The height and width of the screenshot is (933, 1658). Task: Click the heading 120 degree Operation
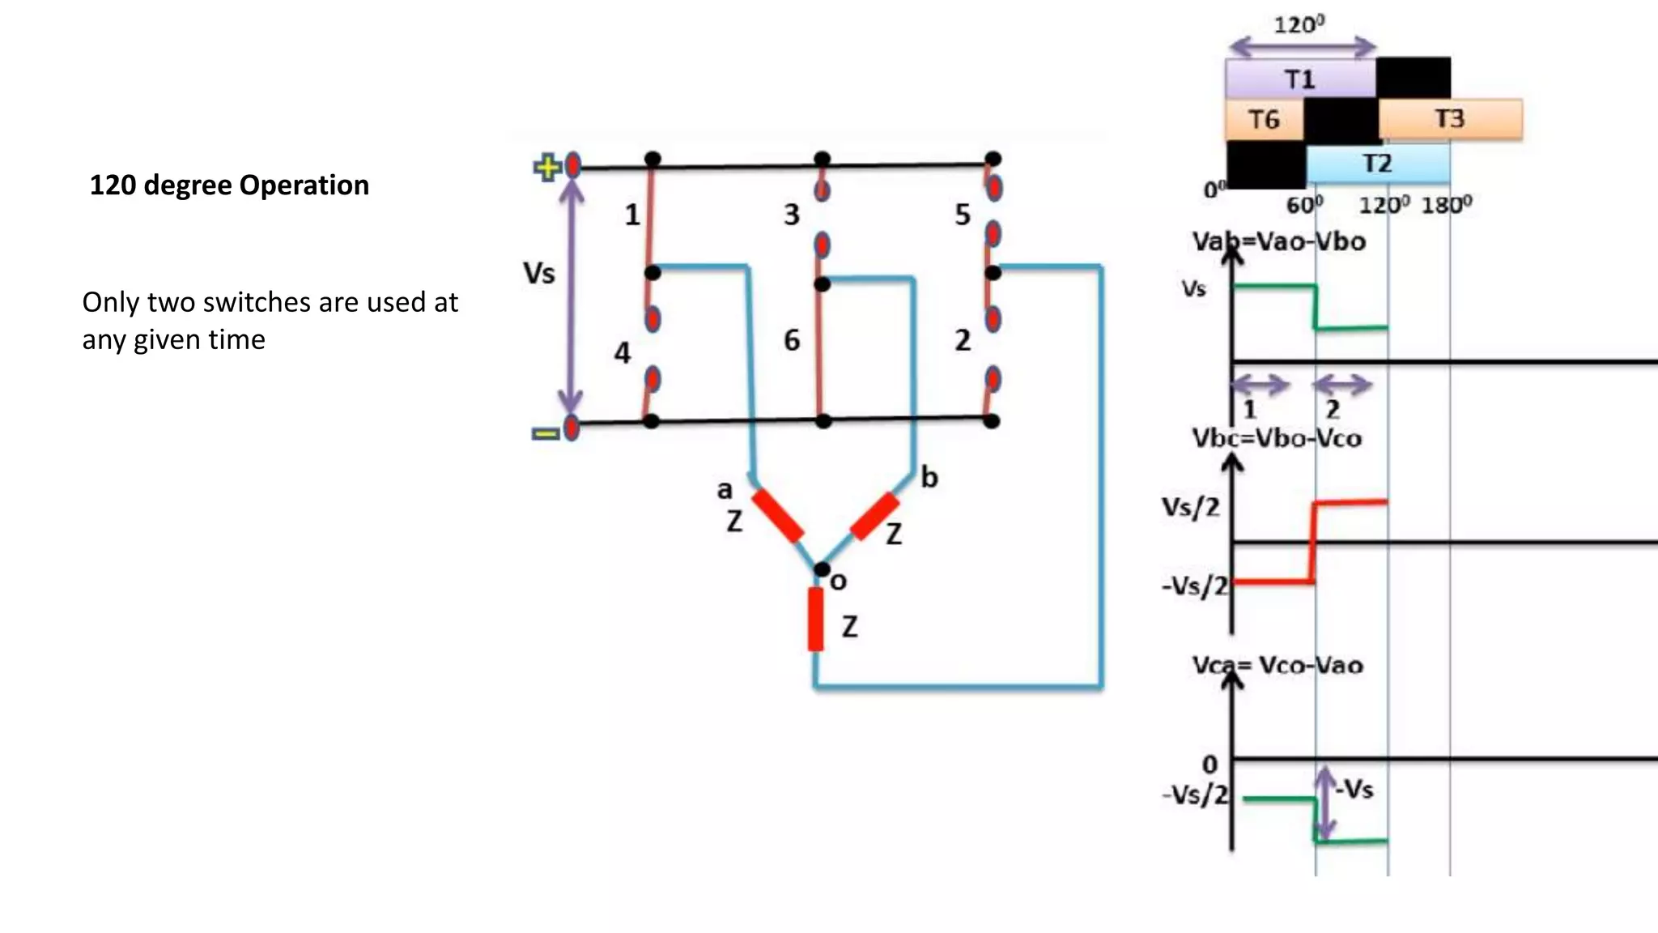229,185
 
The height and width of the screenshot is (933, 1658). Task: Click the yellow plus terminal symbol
546,168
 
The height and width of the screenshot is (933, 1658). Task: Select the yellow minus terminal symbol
545,434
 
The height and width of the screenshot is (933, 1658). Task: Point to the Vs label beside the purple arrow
539,274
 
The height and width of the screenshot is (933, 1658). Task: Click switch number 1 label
632,215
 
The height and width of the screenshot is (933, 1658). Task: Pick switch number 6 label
792,340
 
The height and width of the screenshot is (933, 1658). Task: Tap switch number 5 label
962,215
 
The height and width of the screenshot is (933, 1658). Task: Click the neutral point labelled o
823,570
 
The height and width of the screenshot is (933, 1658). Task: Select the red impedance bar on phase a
777,516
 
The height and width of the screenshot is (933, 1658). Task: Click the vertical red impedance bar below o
816,619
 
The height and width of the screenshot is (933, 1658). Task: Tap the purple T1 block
1299,79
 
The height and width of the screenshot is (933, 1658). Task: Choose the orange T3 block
1449,119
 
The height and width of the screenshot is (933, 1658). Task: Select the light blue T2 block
1377,164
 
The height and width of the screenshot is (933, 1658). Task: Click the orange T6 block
1264,120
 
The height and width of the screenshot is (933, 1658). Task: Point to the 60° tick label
1304,205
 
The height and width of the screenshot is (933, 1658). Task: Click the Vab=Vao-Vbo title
1279,241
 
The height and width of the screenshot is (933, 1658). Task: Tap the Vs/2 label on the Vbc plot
1190,508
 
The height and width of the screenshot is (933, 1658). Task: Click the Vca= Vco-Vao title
1278,666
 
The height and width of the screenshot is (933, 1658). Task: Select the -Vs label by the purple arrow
1355,789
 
